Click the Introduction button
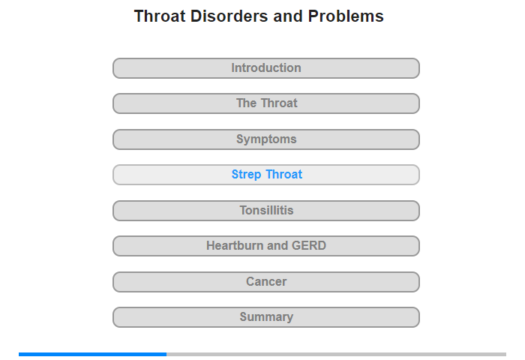click(x=266, y=68)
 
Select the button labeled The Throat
click(x=266, y=103)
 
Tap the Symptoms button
click(x=266, y=139)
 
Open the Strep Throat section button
click(x=266, y=175)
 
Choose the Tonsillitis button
click(x=266, y=211)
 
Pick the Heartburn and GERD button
click(x=266, y=246)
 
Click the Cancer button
click(x=266, y=282)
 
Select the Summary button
click(x=266, y=317)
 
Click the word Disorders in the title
click(x=229, y=16)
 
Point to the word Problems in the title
click(x=346, y=16)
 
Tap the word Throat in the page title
click(x=160, y=16)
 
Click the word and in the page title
click(x=288, y=16)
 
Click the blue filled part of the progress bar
click(x=93, y=354)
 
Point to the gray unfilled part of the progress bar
click(x=337, y=354)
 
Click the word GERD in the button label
click(x=309, y=245)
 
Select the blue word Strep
click(x=247, y=175)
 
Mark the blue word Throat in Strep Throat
click(x=284, y=175)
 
